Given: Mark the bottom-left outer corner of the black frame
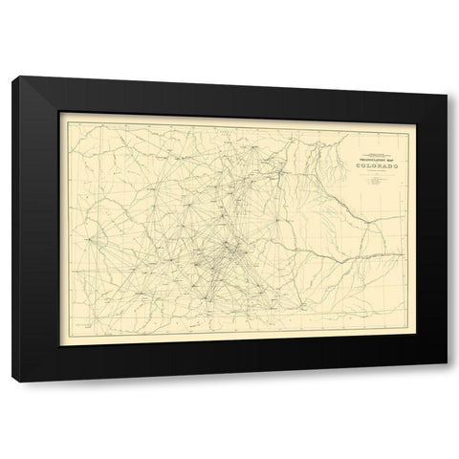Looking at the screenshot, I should click(12, 382).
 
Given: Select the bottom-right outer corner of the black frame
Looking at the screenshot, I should click(447, 382).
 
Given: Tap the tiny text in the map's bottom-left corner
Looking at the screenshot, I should click(76, 325).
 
